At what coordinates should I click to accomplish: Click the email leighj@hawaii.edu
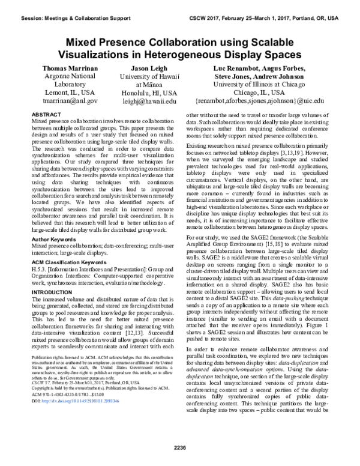[154, 102]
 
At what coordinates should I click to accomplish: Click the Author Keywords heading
[55, 222]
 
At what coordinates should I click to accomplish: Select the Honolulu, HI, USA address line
[154, 94]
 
